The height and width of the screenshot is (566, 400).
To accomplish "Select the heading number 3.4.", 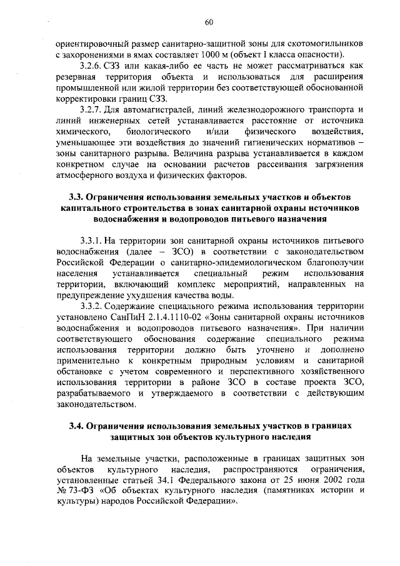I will pos(75,427).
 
